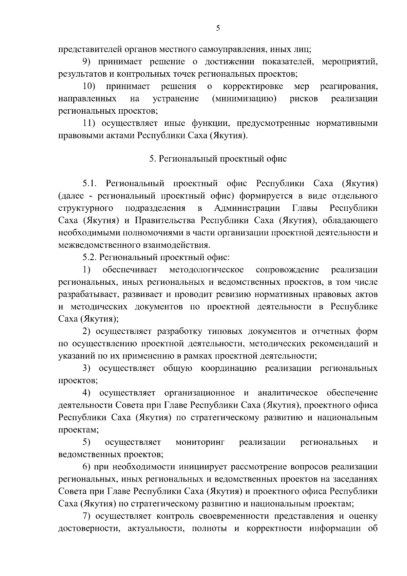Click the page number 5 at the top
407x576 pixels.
coord(218,29)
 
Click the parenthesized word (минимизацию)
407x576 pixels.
coord(243,99)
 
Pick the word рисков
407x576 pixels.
coord(304,99)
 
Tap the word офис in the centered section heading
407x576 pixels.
coord(278,159)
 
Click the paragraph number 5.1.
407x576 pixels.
coord(90,184)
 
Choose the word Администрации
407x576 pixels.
coord(247,208)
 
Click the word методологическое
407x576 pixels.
coord(206,270)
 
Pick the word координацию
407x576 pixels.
coord(229,369)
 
